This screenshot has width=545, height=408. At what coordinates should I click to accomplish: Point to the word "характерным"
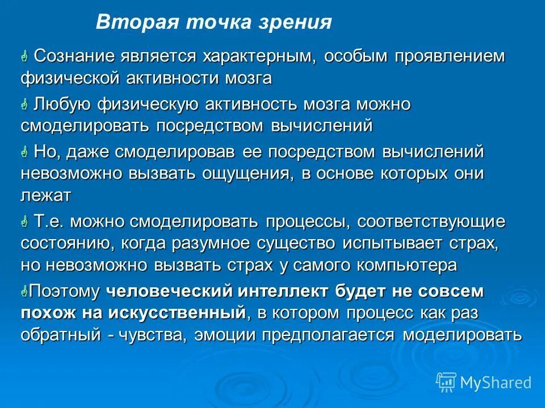[260, 57]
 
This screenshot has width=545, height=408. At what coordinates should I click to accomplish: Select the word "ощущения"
[246, 173]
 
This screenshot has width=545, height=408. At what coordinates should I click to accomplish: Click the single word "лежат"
[46, 195]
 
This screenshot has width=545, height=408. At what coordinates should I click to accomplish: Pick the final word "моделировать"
[462, 334]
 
